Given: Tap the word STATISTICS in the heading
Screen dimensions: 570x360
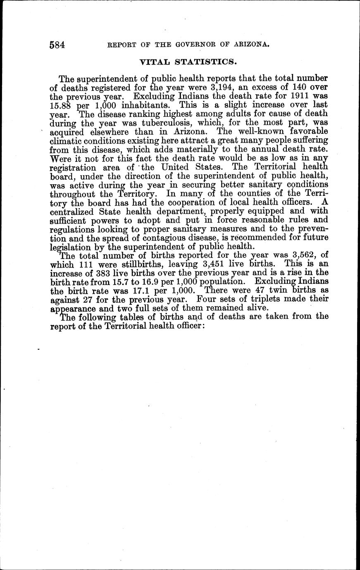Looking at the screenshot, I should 208,62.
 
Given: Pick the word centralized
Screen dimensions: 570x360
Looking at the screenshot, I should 72,212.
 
